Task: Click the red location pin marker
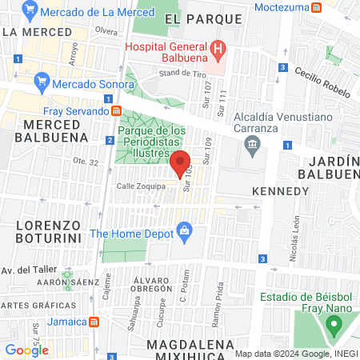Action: [x=181, y=163]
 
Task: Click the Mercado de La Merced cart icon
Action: [x=30, y=12]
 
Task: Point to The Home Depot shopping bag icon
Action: [x=186, y=233]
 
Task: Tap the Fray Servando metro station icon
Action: [x=116, y=110]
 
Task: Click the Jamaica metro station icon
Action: [x=94, y=322]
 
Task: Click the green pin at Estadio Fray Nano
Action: [x=333, y=325]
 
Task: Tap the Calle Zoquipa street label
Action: [x=141, y=186]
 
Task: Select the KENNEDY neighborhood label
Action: [x=279, y=191]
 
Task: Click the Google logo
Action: [x=26, y=350]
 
